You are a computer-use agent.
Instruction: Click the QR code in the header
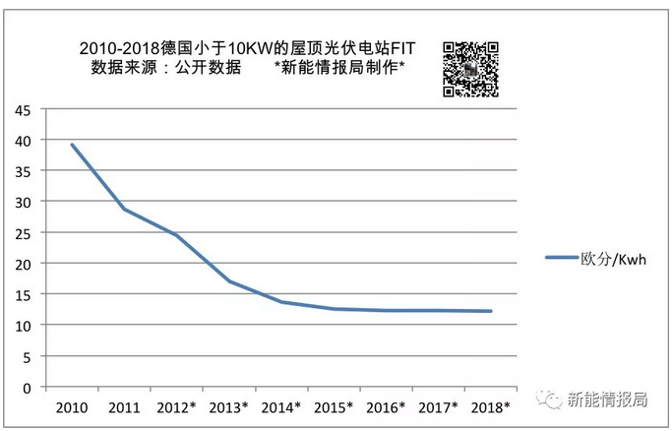coord(469,68)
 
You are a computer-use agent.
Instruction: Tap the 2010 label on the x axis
coord(72,406)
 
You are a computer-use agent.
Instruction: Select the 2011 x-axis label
coord(125,406)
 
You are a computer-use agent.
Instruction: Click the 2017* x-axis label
coord(438,406)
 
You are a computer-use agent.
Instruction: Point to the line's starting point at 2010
coord(72,146)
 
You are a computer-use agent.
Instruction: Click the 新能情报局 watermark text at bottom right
coord(607,399)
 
